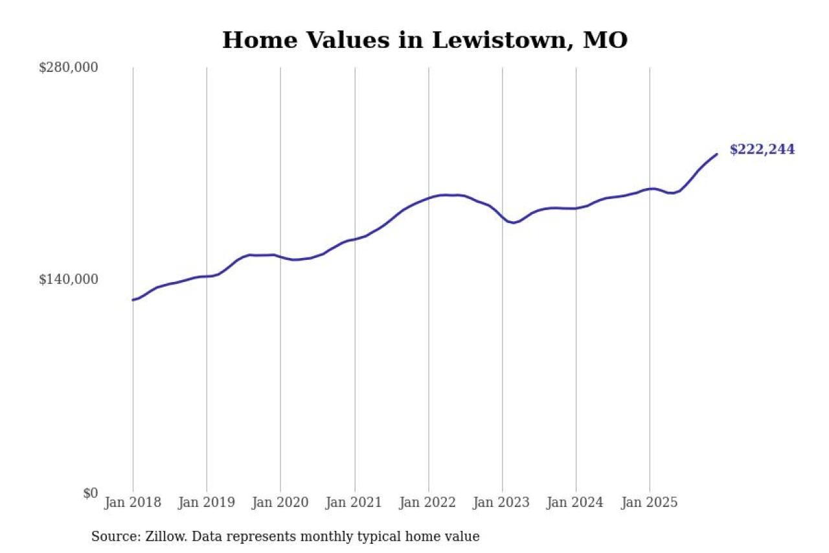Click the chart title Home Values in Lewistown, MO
[425, 40]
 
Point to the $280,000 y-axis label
[69, 67]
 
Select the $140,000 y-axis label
[69, 279]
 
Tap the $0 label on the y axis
[90, 493]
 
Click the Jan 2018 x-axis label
[133, 502]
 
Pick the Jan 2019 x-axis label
[207, 502]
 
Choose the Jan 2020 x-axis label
[280, 502]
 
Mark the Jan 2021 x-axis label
[354, 502]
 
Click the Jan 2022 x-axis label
[428, 502]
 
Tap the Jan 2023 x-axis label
[502, 502]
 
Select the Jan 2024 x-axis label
[576, 502]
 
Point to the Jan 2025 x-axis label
[650, 502]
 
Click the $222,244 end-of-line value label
[762, 150]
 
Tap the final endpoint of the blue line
[717, 154]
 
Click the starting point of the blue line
[133, 300]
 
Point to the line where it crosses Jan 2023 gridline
[502, 216]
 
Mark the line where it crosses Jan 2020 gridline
[280, 257]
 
